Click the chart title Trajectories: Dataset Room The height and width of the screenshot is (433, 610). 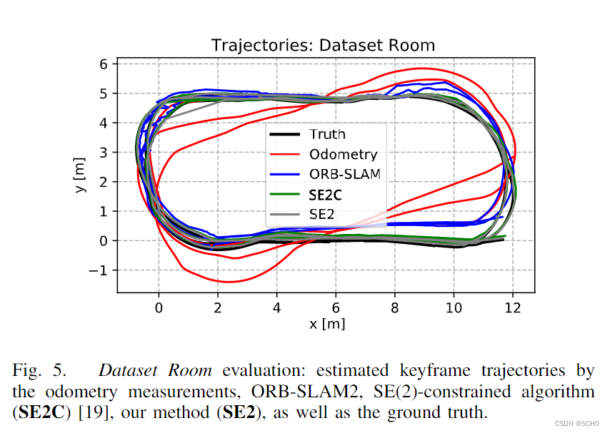[323, 46]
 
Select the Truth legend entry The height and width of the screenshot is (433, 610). [327, 134]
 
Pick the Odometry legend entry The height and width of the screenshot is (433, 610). [343, 154]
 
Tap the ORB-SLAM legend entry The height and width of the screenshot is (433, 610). [346, 173]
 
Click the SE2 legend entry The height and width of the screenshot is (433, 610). [322, 213]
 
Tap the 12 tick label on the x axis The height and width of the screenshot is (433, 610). [511, 307]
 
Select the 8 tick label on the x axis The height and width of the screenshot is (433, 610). [394, 307]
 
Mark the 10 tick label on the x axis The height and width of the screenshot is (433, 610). [452, 307]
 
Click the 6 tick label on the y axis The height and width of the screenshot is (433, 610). [103, 64]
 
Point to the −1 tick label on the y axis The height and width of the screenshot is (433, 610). [99, 270]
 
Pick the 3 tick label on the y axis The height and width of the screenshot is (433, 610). [103, 152]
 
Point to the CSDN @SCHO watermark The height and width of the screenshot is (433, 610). [578, 423]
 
